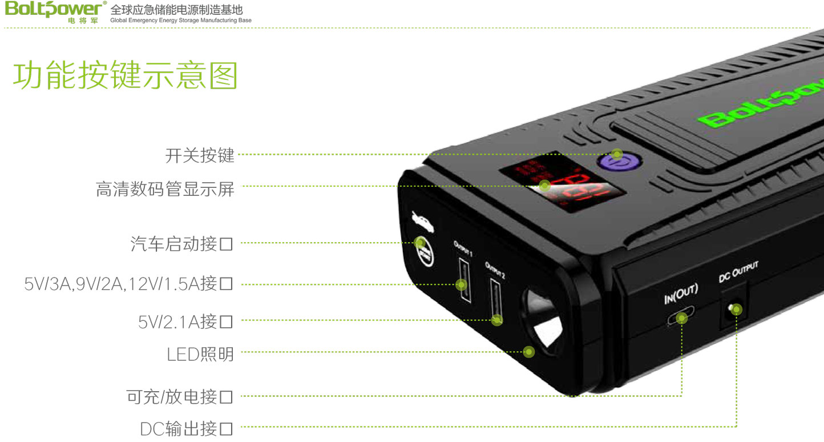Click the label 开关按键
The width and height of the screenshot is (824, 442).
(200, 155)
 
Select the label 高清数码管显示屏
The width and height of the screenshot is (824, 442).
(165, 189)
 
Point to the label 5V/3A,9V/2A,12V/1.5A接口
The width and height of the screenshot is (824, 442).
(128, 284)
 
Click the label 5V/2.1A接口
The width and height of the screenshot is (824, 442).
(185, 322)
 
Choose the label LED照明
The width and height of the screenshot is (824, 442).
(200, 354)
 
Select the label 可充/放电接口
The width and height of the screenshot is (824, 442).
(180, 396)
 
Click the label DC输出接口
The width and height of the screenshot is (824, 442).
(187, 428)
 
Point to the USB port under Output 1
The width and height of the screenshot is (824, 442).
(463, 282)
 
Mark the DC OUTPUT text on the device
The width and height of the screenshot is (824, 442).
(738, 272)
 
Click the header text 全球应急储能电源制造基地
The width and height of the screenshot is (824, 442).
(176, 10)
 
